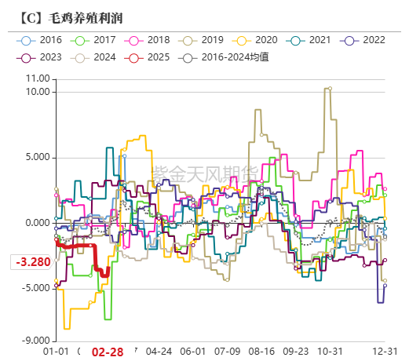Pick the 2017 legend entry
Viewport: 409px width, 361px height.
click(96, 39)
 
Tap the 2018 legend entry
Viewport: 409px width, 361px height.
click(148, 39)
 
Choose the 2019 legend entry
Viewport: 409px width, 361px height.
click(202, 39)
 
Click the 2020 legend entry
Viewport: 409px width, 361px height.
click(255, 39)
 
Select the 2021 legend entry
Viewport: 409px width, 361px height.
click(309, 39)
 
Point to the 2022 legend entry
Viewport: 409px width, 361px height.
click(361, 39)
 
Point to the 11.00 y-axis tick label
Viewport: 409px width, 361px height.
click(37, 78)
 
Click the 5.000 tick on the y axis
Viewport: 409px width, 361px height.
click(37, 157)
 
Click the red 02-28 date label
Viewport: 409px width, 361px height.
click(108, 352)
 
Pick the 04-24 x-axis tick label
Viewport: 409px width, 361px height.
click(159, 352)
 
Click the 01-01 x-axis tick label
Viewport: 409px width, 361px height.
click(57, 352)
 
